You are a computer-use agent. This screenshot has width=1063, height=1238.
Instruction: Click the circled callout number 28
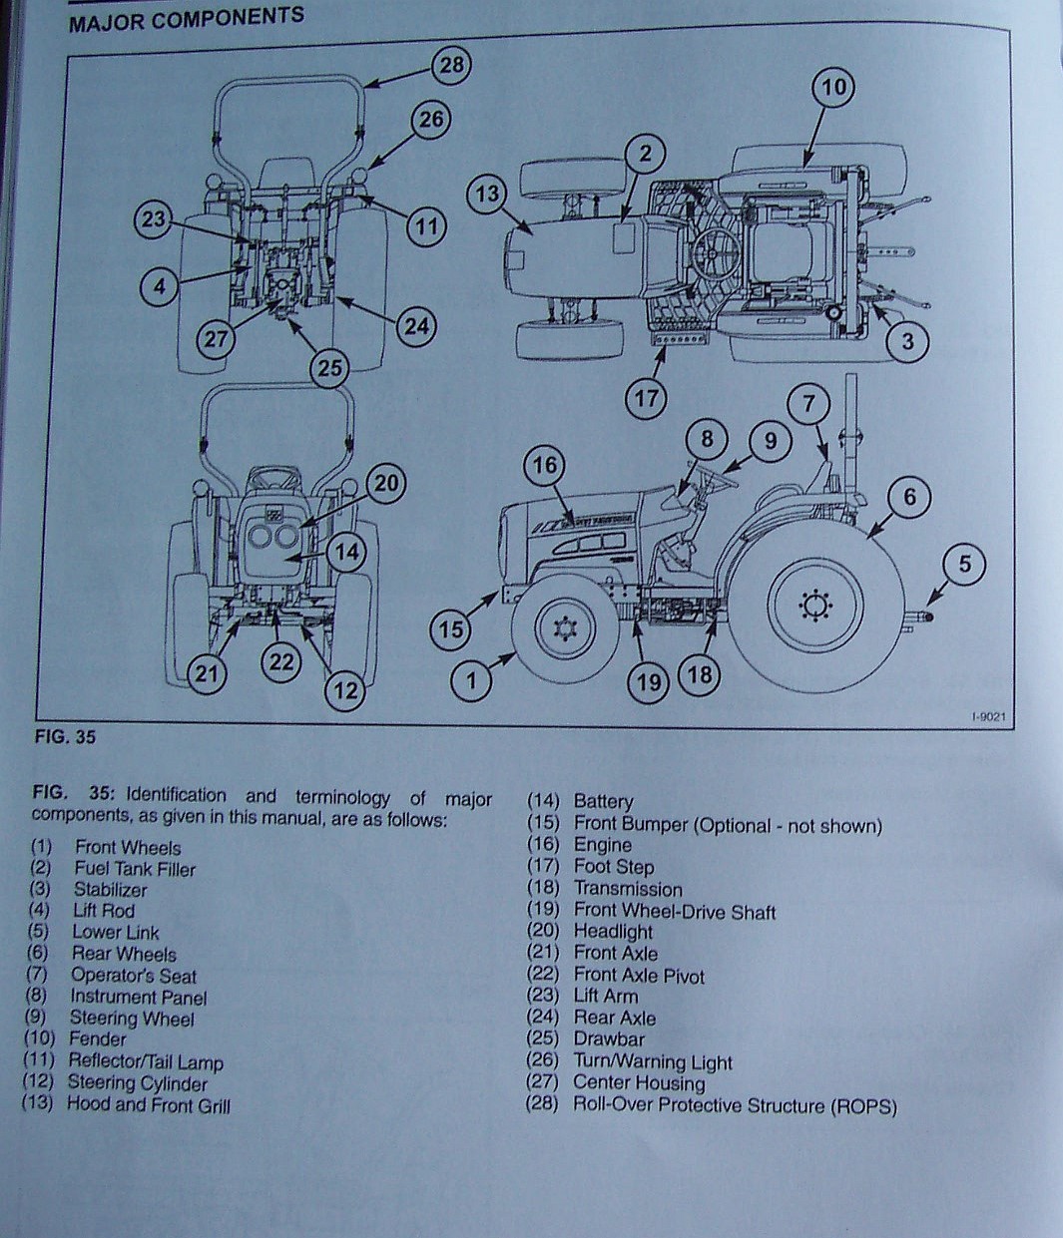[451, 66]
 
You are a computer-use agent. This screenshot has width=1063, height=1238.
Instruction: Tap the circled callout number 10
[833, 88]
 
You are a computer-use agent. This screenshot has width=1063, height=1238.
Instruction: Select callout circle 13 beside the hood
[486, 195]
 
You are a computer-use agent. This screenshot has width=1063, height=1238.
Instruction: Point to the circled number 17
[645, 398]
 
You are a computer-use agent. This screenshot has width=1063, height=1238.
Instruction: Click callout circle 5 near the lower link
[963, 565]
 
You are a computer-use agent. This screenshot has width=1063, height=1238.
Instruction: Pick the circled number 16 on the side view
[545, 465]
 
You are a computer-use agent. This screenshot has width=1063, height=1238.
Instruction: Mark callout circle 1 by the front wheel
[472, 681]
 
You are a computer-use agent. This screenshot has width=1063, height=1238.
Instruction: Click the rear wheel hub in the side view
[815, 604]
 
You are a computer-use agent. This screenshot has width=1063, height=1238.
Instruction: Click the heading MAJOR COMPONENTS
[187, 17]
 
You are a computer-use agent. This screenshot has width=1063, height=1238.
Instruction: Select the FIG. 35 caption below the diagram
[64, 739]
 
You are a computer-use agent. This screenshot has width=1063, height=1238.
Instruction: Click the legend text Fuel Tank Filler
[135, 869]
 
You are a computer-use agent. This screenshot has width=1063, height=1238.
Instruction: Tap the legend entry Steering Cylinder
[137, 1083]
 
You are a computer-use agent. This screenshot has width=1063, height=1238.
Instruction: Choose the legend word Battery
[603, 801]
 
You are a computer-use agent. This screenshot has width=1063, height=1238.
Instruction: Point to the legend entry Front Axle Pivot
[639, 976]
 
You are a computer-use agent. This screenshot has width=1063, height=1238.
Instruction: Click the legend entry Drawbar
[609, 1039]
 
